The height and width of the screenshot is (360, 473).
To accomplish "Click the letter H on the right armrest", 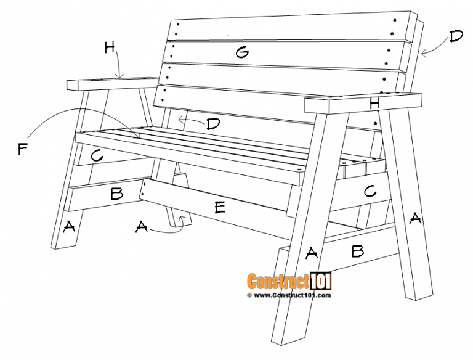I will pyautogui.click(x=374, y=104).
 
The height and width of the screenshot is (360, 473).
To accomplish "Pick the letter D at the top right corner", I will pyautogui.click(x=456, y=36).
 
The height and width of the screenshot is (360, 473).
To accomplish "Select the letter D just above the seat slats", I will pyautogui.click(x=213, y=124).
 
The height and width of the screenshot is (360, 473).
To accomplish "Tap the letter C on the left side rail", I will pyautogui.click(x=96, y=156).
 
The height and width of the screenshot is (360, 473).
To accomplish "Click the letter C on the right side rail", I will pyautogui.click(x=370, y=192).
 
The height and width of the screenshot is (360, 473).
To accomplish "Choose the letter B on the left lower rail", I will pyautogui.click(x=116, y=194).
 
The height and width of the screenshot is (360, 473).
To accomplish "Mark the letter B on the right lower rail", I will pyautogui.click(x=357, y=250).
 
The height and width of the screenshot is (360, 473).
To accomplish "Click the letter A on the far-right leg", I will pyautogui.click(x=416, y=218).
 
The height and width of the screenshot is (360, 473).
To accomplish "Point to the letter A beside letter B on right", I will pyautogui.click(x=312, y=252).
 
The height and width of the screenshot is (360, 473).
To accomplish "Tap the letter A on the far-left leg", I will pyautogui.click(x=69, y=227).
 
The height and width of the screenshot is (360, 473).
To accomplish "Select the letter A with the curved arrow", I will pyautogui.click(x=142, y=227).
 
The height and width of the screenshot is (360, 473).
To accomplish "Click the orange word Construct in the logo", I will pyautogui.click(x=278, y=282).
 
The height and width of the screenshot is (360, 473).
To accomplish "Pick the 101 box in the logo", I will pyautogui.click(x=321, y=282).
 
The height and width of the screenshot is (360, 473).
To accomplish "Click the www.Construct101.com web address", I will pyautogui.click(x=289, y=295).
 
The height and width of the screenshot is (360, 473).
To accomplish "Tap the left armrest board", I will pyautogui.click(x=111, y=82).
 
